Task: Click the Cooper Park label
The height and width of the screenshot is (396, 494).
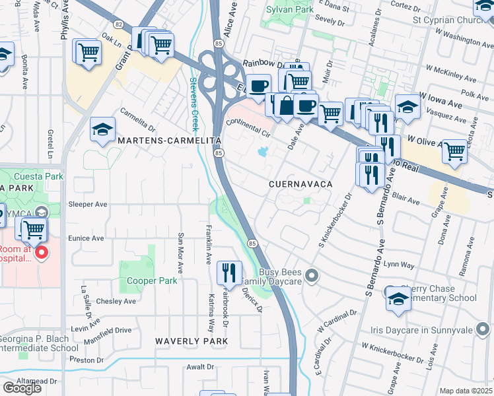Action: coord(152,280)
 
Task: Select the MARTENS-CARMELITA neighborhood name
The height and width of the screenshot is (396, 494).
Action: coord(168,141)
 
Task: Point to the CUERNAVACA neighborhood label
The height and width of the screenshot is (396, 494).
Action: coord(300,183)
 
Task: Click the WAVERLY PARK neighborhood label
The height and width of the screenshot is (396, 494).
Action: coord(192,341)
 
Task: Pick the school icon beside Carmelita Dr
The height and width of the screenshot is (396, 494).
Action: coord(102,130)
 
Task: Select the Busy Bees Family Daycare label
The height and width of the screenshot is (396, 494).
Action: coord(289,277)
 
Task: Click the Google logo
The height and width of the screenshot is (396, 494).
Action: coord(22,388)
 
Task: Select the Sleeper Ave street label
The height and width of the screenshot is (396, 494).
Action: coord(88,205)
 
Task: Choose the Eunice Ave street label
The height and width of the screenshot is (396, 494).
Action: coord(86,238)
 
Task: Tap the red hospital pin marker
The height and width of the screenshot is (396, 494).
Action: coord(40,253)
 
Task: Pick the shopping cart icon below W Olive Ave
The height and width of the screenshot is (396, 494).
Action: coord(454,151)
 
